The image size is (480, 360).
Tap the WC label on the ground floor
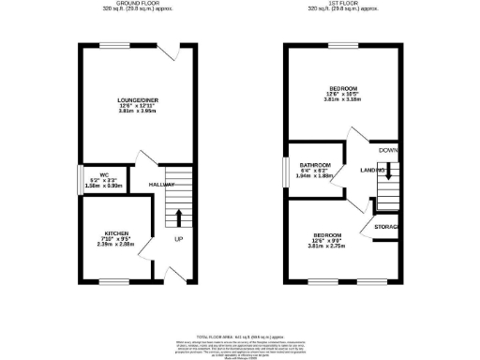coord(93,177)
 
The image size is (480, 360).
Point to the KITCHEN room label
coord(115,232)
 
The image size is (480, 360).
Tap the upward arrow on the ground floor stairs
coord(177,217)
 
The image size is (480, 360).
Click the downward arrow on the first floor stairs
coord(387,172)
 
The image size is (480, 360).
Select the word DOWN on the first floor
coord(388,150)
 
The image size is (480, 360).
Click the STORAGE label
coord(387,228)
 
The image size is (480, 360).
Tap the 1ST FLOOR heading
coord(345,4)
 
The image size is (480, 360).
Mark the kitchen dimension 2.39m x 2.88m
coord(115,244)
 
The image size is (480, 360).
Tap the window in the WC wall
coord(79,179)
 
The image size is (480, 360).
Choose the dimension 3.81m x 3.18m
coord(341,98)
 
